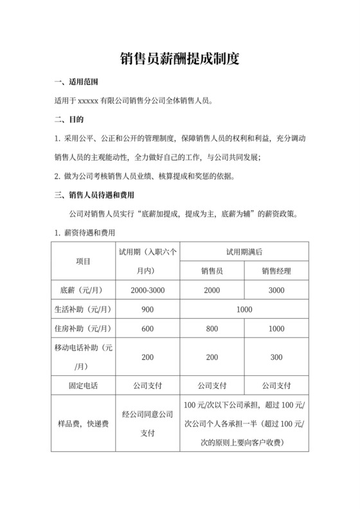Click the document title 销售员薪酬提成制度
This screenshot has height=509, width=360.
click(x=180, y=60)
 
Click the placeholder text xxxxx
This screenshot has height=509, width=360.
click(x=86, y=101)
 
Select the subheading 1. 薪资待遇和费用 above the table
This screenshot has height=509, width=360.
click(x=85, y=232)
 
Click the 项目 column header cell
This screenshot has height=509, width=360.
click(x=82, y=261)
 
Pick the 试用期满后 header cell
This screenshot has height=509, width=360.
click(x=244, y=251)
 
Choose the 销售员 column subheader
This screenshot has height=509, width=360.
click(x=212, y=271)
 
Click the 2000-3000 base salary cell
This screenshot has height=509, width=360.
click(x=147, y=290)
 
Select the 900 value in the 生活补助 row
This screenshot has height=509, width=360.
click(x=147, y=309)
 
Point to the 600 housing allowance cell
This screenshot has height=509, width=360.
click(x=147, y=328)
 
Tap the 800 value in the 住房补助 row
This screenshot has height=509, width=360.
click(x=212, y=328)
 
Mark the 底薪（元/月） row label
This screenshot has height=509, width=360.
click(x=82, y=290)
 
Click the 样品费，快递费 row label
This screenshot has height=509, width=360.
click(x=82, y=424)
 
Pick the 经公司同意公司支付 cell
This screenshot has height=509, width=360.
click(x=147, y=424)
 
